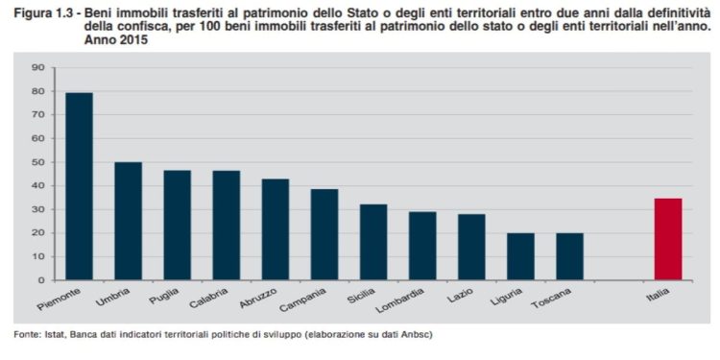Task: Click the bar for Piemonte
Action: pos(79,186)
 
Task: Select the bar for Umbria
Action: pos(128,221)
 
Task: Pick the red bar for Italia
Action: pos(667,239)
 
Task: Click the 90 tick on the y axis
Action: pos(38,67)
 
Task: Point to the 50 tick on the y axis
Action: pos(38,162)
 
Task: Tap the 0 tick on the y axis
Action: pos(41,280)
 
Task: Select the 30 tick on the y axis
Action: pos(38,209)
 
